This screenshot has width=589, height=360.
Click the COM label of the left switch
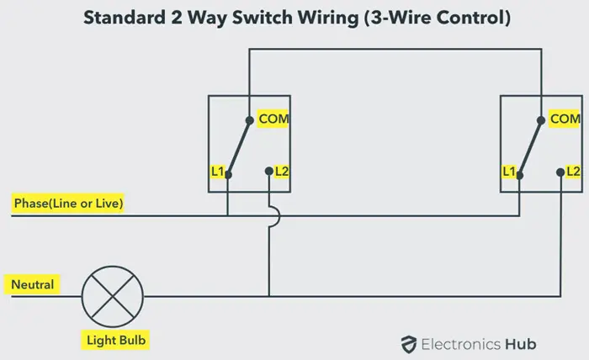tap(273, 119)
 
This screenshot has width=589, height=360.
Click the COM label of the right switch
tap(565, 119)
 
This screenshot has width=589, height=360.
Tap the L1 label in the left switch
tap(217, 172)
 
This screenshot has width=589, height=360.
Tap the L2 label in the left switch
tap(282, 172)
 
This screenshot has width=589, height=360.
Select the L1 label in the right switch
tap(509, 172)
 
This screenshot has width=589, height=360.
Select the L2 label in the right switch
tap(573, 172)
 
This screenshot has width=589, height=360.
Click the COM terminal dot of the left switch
tap(249, 120)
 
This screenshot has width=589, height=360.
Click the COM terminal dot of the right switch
tap(541, 120)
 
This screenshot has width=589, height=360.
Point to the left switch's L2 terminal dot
tap(269, 172)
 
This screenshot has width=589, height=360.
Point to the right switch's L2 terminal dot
tap(560, 172)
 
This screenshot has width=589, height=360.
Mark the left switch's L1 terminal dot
tap(228, 175)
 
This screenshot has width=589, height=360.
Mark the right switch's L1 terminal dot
tap(519, 175)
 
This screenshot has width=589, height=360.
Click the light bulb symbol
tap(112, 297)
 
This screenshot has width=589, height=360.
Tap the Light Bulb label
tap(116, 340)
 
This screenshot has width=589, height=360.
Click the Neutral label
tap(33, 284)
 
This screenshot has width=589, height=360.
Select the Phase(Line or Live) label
tap(68, 204)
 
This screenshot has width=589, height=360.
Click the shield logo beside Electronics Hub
tap(408, 344)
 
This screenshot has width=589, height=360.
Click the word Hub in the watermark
tap(520, 344)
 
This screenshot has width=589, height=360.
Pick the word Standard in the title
tap(125, 18)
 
